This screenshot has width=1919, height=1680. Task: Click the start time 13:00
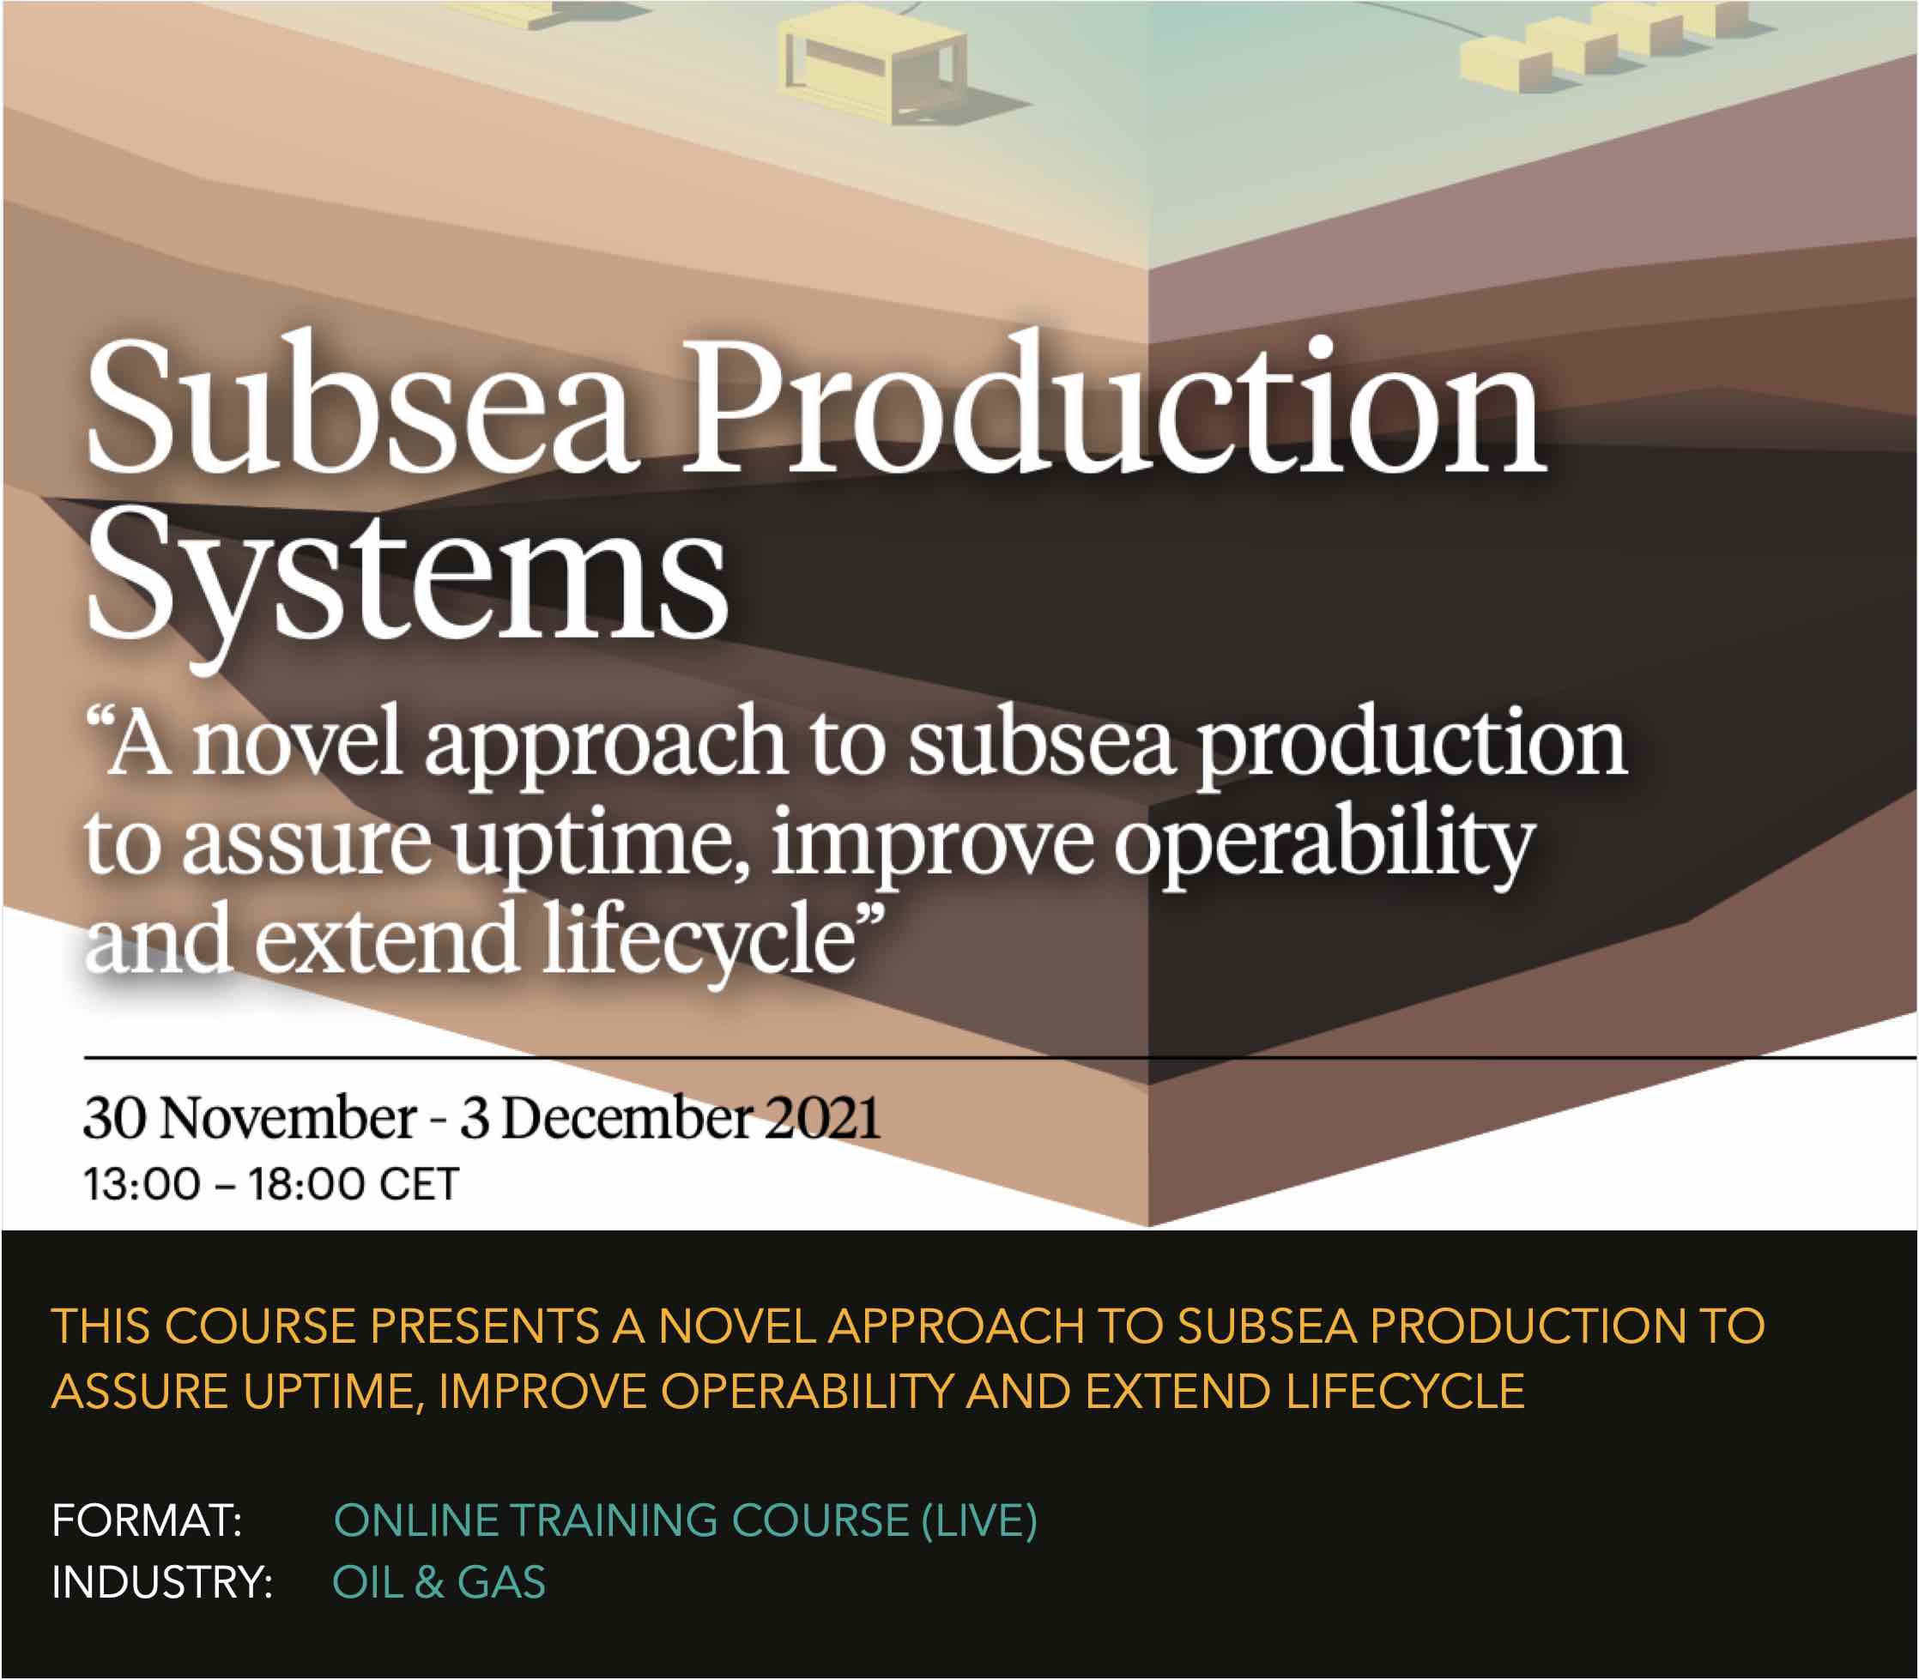(x=142, y=1184)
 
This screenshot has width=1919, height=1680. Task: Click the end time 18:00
(x=305, y=1184)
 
